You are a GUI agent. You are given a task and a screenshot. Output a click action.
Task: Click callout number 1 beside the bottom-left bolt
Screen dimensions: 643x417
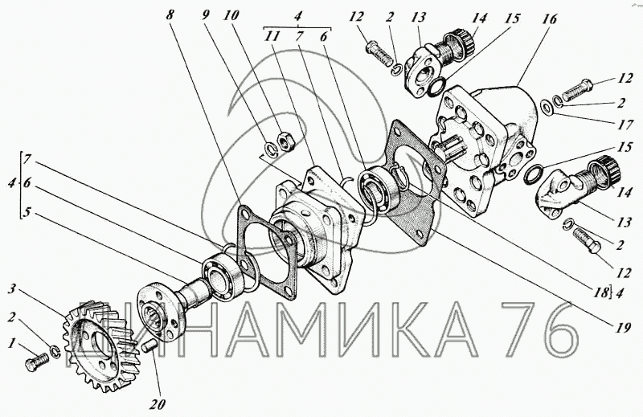13,343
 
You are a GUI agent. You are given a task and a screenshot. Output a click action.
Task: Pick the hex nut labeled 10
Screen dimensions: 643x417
285,141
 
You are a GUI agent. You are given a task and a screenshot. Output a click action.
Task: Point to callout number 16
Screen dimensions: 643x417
550,18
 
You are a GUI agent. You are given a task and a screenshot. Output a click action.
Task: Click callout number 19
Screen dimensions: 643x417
622,328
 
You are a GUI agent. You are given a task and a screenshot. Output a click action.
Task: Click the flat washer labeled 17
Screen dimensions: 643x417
546,108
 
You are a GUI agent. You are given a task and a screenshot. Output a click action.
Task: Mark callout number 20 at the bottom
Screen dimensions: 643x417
157,404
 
